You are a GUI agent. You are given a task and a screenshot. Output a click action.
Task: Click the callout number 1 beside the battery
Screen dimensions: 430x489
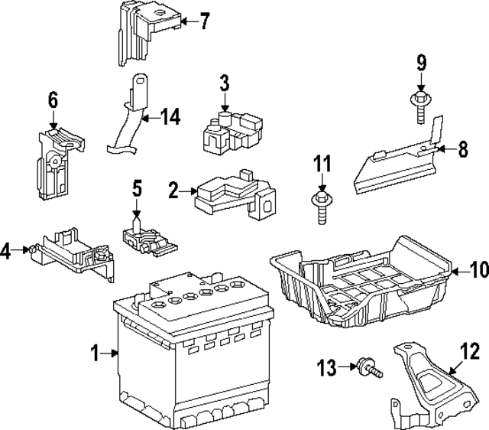pos(96,353)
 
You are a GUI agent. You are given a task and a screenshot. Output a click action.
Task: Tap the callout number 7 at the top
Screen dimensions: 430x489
pos(203,21)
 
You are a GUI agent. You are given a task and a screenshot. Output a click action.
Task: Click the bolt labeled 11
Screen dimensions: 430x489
pos(321,206)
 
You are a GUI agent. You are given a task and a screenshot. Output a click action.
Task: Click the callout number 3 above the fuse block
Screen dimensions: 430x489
pos(225,83)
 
